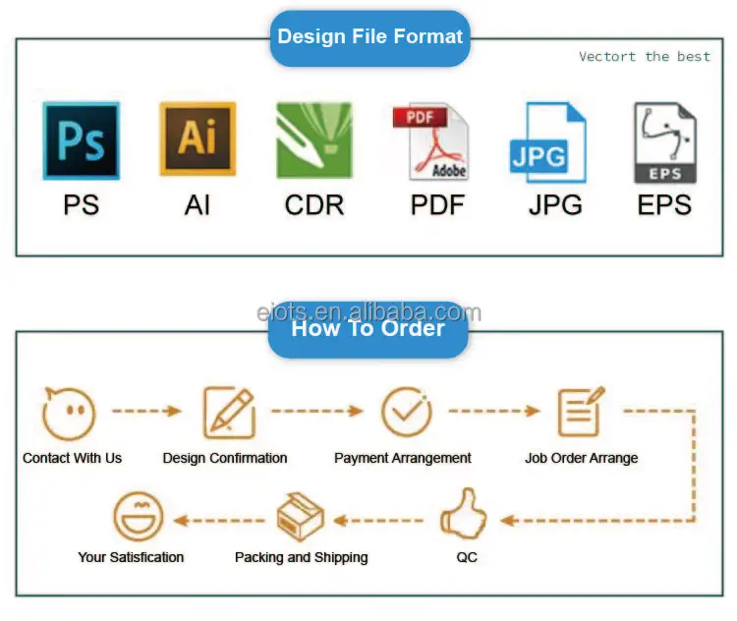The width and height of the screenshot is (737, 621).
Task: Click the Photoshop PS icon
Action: coord(81,141)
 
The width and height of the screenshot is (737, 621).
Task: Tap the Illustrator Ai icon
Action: coord(198,140)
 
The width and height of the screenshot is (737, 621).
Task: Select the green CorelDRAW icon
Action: coord(313,141)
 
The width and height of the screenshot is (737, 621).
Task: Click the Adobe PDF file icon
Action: coord(430,141)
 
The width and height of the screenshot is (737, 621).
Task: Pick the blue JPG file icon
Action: coord(547,142)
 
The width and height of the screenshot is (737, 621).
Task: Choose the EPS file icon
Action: coord(665,143)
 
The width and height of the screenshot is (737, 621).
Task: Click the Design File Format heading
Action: coord(369,37)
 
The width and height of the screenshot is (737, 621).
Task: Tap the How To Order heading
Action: coord(368,328)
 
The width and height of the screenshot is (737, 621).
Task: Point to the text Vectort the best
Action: coord(644,57)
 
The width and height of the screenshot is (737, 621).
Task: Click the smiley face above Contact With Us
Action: coord(69,413)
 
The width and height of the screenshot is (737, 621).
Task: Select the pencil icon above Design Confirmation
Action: coord(228,413)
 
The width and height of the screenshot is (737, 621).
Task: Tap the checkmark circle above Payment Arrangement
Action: coord(406,413)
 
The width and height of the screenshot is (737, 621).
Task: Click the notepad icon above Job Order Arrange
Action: coord(581,413)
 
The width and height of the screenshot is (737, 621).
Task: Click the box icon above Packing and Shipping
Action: coord(301,517)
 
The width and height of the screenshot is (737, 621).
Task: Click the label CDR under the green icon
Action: coord(314,204)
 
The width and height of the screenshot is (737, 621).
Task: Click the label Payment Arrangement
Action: coord(403,458)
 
